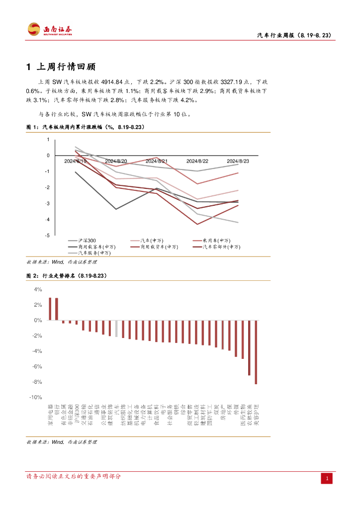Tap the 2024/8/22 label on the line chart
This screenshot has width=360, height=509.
(197, 162)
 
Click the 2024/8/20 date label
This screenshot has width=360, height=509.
(116, 162)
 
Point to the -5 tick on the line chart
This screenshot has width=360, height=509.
(48, 235)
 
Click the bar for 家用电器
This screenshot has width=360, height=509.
(50, 309)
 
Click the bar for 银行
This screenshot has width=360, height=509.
(57, 309)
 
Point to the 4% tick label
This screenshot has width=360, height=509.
(38, 289)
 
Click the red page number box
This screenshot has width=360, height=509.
(327, 479)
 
